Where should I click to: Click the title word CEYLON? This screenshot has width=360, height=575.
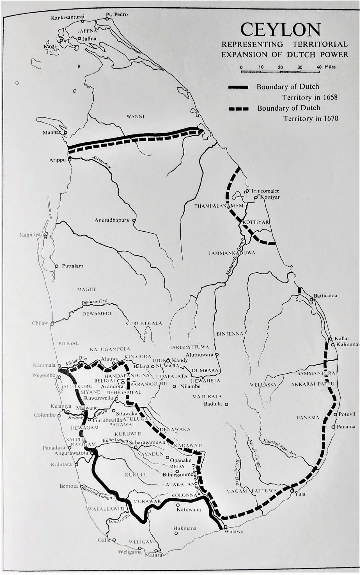tap(280, 30)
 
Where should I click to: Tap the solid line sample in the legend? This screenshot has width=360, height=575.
tap(238, 87)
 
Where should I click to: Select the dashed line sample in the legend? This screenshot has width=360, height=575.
tap(239, 109)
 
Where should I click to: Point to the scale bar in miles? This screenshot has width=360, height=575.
tap(280, 71)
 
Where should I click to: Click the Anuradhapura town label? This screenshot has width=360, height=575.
tap(111, 220)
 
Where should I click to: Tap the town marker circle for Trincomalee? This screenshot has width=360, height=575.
tap(247, 191)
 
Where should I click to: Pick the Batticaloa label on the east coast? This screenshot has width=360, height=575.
tap(325, 296)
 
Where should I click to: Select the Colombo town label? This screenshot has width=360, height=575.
tap(45, 415)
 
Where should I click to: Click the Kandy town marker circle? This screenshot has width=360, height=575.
tap(168, 360)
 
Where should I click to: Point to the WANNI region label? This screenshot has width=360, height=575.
tap(136, 117)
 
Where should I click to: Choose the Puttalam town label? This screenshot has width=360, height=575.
tap(73, 266)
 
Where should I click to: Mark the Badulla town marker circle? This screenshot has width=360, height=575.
tap(226, 404)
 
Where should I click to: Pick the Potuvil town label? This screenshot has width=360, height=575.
tap(347, 414)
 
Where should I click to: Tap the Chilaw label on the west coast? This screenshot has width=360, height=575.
tap(40, 323)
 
